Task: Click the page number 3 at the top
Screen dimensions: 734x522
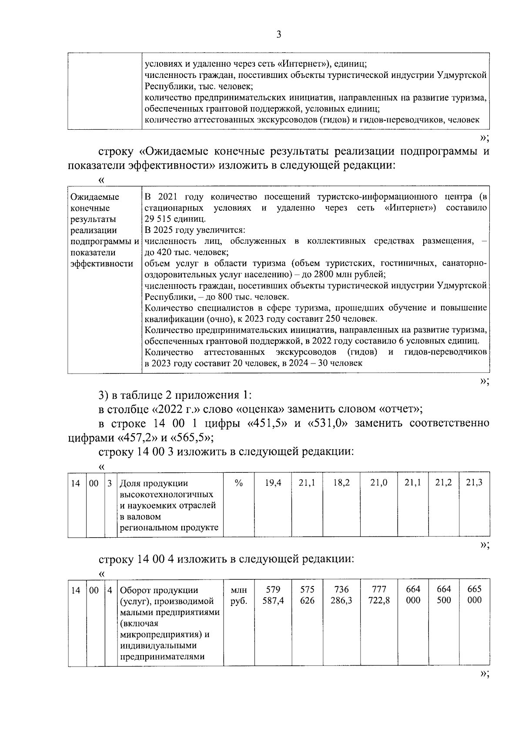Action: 278,35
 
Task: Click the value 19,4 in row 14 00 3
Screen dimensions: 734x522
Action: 273,482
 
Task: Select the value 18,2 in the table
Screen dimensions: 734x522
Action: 341,482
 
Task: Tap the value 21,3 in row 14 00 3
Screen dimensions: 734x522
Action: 474,482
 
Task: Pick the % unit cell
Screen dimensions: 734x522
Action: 238,482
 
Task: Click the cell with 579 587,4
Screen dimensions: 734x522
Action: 273,595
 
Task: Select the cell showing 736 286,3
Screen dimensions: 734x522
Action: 341,595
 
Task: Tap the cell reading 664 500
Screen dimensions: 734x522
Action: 444,595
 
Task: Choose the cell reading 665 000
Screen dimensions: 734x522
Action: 474,595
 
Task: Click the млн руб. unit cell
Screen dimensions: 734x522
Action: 238,595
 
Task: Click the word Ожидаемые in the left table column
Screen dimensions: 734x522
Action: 95,197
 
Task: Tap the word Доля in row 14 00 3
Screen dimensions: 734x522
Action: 131,483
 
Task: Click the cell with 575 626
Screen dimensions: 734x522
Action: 307,595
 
